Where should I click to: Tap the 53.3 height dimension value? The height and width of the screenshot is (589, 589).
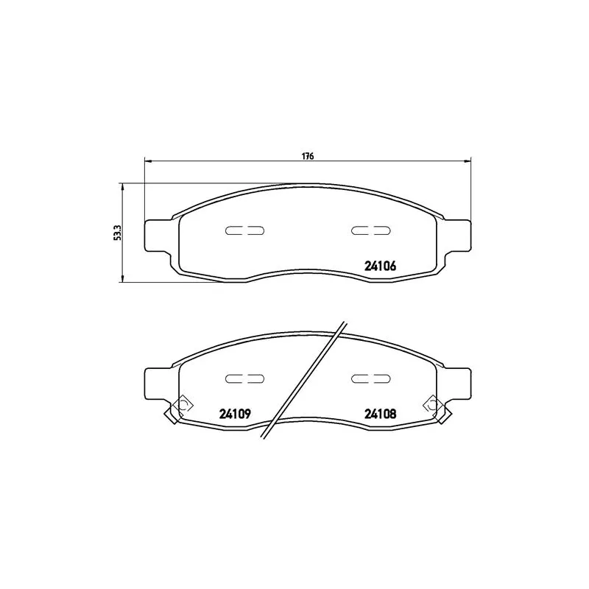(x=116, y=233)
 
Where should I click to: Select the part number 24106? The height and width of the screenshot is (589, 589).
(x=381, y=267)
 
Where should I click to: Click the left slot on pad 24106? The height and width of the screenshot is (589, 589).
(x=244, y=230)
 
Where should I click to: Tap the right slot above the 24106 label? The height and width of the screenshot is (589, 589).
(x=370, y=230)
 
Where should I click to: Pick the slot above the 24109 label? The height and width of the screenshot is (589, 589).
(x=244, y=378)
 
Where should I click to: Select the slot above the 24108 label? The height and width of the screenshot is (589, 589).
(x=370, y=378)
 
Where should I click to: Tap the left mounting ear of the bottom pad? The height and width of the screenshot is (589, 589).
(x=157, y=382)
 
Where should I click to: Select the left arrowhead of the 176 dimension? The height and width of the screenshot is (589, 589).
(x=147, y=161)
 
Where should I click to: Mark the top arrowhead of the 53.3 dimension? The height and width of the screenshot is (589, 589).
(x=123, y=187)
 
